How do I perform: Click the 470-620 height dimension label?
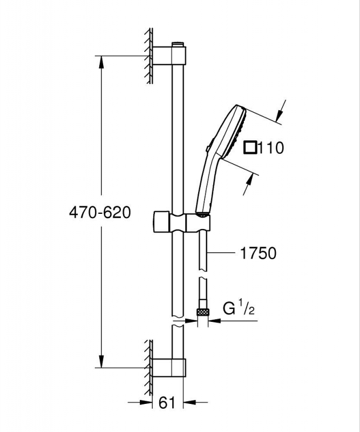pyautogui.click(x=100, y=212)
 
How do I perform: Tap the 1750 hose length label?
pyautogui.click(x=258, y=253)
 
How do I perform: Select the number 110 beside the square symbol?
pyautogui.click(x=271, y=147)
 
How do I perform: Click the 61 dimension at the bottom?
pyautogui.click(x=167, y=402)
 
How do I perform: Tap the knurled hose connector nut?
pyautogui.click(x=202, y=312)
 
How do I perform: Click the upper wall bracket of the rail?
pyautogui.click(x=169, y=56)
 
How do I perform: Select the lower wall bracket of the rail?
pyautogui.click(x=168, y=368)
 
